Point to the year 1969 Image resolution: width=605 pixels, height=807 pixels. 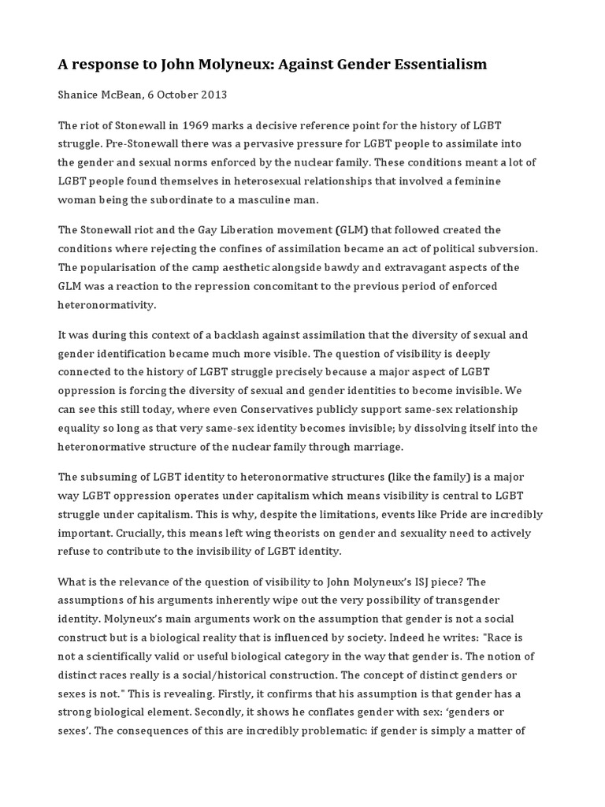tap(199, 125)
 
